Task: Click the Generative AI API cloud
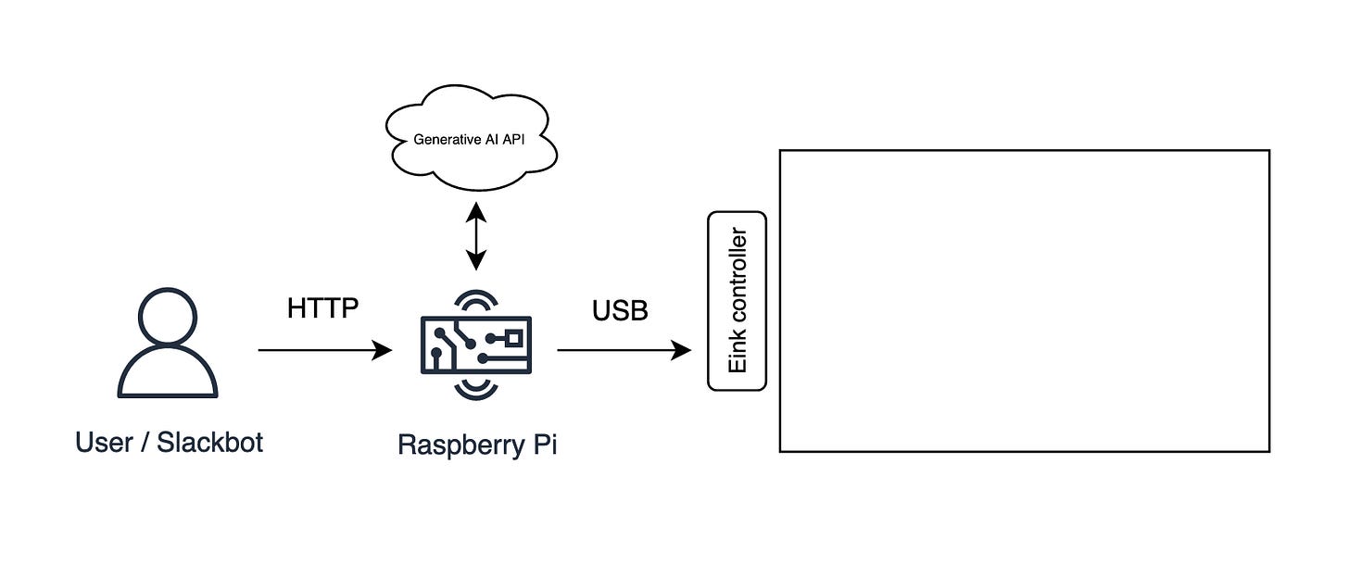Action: coord(471,137)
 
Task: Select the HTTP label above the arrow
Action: coord(322,308)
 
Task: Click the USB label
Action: coord(620,310)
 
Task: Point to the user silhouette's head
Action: coord(168,318)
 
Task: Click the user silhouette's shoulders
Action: coord(168,372)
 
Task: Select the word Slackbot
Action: coord(209,443)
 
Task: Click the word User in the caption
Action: coord(104,443)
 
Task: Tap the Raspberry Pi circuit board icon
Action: coord(476,345)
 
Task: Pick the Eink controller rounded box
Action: coord(737,301)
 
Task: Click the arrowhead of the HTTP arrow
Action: coord(382,350)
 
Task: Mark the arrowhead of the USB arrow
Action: coord(681,350)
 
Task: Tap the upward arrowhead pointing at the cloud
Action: coord(476,212)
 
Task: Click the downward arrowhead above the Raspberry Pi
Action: coord(476,260)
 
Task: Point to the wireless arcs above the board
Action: coord(476,302)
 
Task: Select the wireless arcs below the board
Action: coord(476,389)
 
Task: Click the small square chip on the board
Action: coord(513,338)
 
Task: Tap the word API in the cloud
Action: coord(513,140)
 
